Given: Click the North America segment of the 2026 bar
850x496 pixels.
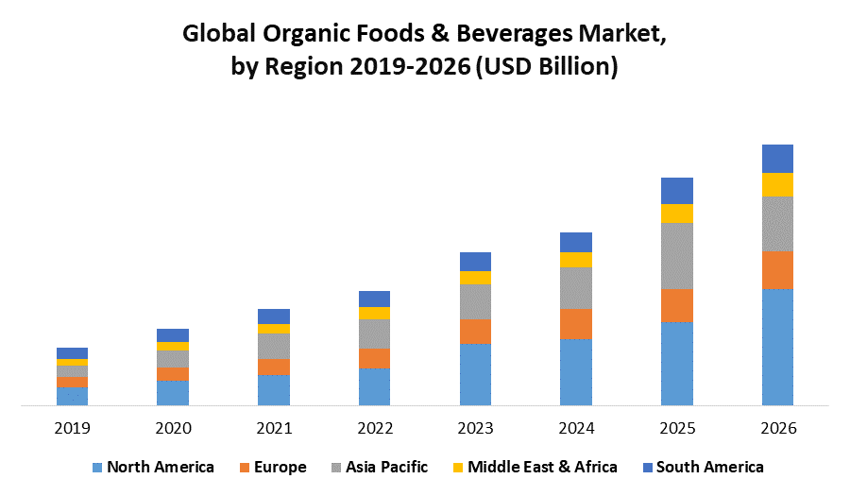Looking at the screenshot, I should tap(777, 347).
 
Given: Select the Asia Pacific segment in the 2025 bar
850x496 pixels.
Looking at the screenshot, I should tap(676, 255).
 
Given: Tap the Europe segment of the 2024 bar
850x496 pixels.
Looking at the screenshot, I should tap(576, 324).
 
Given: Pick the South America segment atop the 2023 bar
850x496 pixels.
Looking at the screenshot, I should tap(475, 262).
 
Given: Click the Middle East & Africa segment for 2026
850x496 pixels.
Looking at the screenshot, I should tap(777, 184).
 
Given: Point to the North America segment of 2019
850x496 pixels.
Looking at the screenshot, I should tap(72, 396).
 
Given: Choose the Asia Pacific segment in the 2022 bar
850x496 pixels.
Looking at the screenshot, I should tap(374, 334).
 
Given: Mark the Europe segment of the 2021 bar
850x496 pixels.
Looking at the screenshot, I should tap(274, 367).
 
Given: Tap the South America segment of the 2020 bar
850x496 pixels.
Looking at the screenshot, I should tap(173, 335).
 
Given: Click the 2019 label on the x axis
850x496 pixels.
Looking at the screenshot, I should tap(72, 428).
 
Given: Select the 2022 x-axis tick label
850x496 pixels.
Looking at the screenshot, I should tap(374, 428).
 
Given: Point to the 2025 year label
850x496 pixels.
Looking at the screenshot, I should tap(676, 428).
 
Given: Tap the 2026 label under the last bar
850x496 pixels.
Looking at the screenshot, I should tap(777, 428).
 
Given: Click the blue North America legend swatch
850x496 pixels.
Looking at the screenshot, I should tap(96, 467).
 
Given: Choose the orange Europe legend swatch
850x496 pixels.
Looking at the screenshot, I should tap(245, 467).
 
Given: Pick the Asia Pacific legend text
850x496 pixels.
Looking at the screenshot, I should tap(386, 467).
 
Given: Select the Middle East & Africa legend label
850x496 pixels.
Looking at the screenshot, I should tap(542, 467).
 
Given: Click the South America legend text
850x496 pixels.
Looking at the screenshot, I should tap(709, 467).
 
